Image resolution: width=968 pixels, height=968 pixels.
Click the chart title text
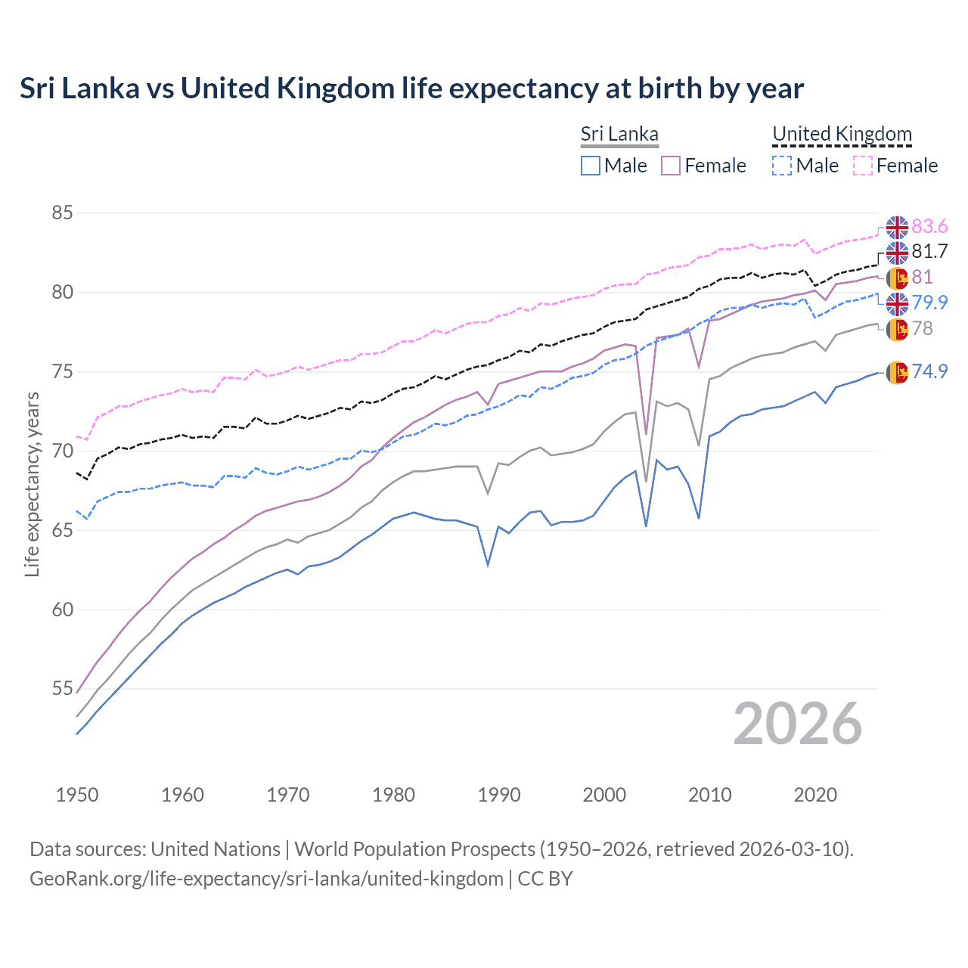pyautogui.click(x=411, y=88)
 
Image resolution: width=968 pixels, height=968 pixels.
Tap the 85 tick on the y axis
pyautogui.click(x=62, y=213)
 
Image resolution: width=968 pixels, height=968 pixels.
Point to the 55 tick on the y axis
pyautogui.click(x=62, y=689)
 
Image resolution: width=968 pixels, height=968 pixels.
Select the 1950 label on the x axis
pyautogui.click(x=77, y=795)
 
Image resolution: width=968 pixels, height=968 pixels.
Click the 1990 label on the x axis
pyautogui.click(x=499, y=795)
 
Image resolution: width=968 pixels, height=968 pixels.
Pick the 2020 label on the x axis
pyautogui.click(x=815, y=795)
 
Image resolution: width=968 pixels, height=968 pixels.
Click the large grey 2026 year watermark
pyautogui.click(x=797, y=724)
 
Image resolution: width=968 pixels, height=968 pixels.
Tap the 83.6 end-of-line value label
pyautogui.click(x=929, y=227)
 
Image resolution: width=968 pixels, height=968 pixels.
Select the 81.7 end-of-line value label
pyautogui.click(x=929, y=252)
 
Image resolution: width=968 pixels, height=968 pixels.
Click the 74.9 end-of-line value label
pyautogui.click(x=929, y=371)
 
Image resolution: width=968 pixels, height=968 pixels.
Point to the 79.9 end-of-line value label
pyautogui.click(x=929, y=302)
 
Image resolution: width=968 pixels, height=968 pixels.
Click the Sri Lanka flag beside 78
pyautogui.click(x=897, y=329)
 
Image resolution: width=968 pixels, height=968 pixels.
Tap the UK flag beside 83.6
pyautogui.click(x=897, y=227)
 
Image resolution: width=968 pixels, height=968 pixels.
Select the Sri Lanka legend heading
pyautogui.click(x=619, y=134)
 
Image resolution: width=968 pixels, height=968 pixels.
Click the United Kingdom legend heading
pyautogui.click(x=842, y=134)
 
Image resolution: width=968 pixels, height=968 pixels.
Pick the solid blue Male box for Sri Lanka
pyautogui.click(x=591, y=166)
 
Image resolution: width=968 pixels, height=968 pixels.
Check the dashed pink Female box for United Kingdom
pyautogui.click(x=863, y=166)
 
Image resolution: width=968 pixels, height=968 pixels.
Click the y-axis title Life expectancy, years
pyautogui.click(x=32, y=484)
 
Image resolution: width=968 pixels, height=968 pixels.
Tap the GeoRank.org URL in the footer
pyautogui.click(x=266, y=879)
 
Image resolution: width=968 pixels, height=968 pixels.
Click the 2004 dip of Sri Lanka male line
pyautogui.click(x=646, y=526)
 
